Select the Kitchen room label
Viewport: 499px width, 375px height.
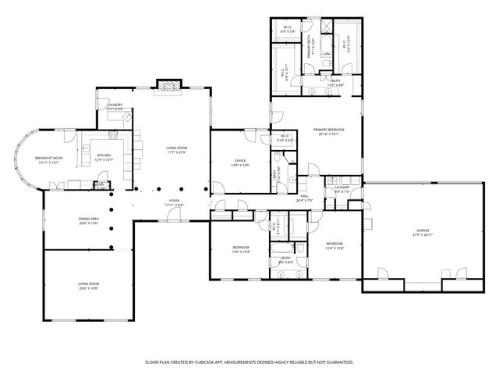pos(104,155)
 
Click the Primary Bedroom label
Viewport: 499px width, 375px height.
pos(328,129)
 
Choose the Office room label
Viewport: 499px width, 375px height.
pos(241,161)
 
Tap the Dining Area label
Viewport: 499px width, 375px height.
pos(88,220)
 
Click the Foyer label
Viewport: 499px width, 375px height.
pos(175,202)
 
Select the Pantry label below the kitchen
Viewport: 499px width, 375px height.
pos(99,184)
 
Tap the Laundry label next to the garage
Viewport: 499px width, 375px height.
pos(342,187)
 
